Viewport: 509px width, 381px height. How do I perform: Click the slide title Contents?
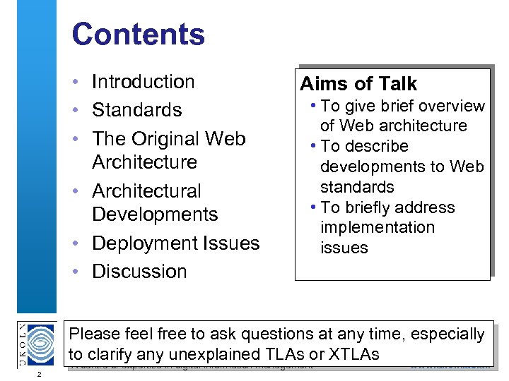point(138,35)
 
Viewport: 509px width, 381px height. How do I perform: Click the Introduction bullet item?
point(143,82)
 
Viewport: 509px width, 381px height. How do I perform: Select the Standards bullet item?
point(136,110)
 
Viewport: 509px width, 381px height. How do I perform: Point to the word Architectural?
point(146,191)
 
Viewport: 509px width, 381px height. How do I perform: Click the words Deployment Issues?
point(175,243)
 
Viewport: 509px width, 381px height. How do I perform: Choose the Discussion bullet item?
point(139,272)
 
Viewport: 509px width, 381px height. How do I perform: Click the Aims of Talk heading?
point(358,84)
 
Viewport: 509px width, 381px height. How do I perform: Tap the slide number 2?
point(40,373)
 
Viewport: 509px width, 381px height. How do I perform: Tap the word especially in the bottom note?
point(447,334)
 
